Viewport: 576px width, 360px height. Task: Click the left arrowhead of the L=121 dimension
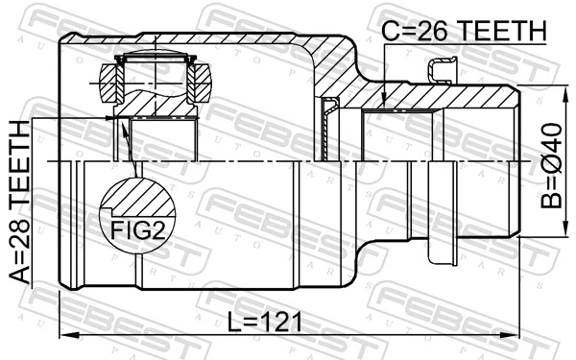(65, 335)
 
